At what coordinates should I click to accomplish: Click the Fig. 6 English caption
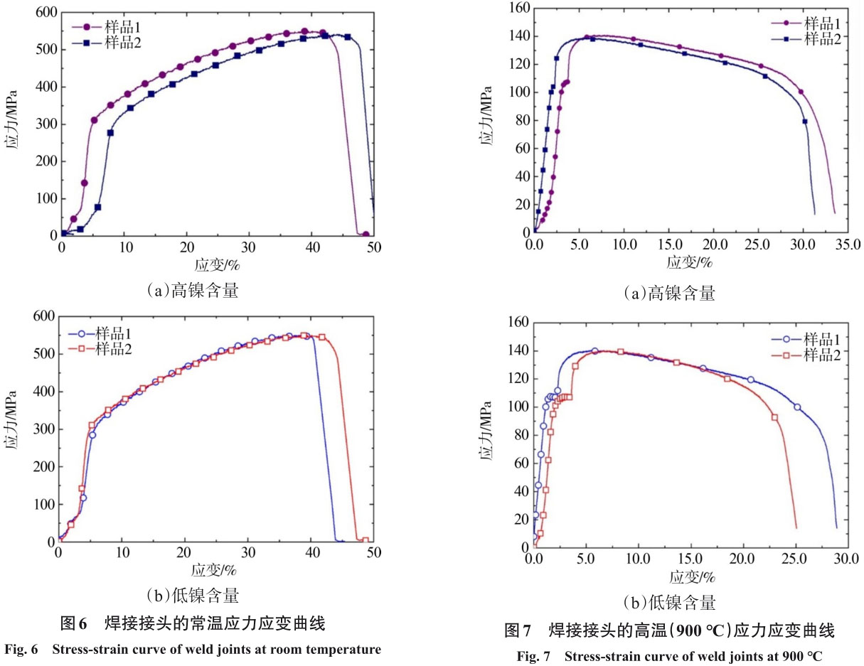click(x=193, y=648)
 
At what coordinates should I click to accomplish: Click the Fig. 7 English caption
click(x=669, y=656)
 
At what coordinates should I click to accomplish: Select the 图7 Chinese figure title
click(x=668, y=630)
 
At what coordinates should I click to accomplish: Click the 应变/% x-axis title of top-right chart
click(x=689, y=262)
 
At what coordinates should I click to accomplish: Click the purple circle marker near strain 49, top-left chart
click(x=366, y=234)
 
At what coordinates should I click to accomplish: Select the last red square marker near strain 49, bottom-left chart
click(x=366, y=540)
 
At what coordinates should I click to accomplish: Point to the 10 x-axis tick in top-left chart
click(x=124, y=247)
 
